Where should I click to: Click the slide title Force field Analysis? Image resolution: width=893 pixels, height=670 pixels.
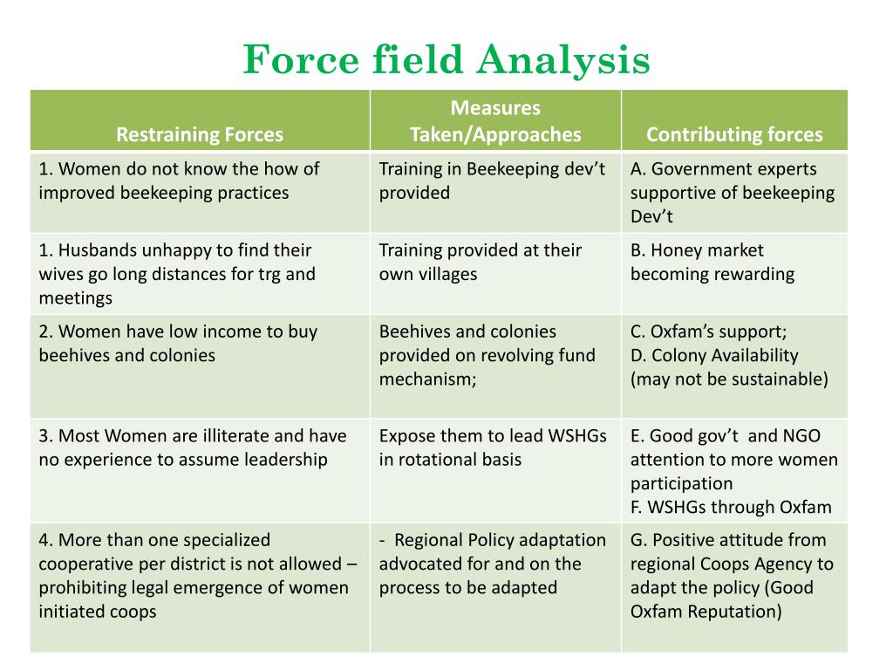446,60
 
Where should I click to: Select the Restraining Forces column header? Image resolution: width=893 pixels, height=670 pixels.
200,134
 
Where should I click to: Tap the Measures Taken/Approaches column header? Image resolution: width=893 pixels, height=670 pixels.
495,121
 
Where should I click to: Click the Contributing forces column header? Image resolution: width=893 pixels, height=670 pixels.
734,134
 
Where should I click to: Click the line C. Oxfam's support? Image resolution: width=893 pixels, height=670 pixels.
708,332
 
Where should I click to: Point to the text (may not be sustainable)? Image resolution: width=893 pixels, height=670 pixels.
729,379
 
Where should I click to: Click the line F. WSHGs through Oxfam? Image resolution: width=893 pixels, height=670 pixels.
731,507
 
